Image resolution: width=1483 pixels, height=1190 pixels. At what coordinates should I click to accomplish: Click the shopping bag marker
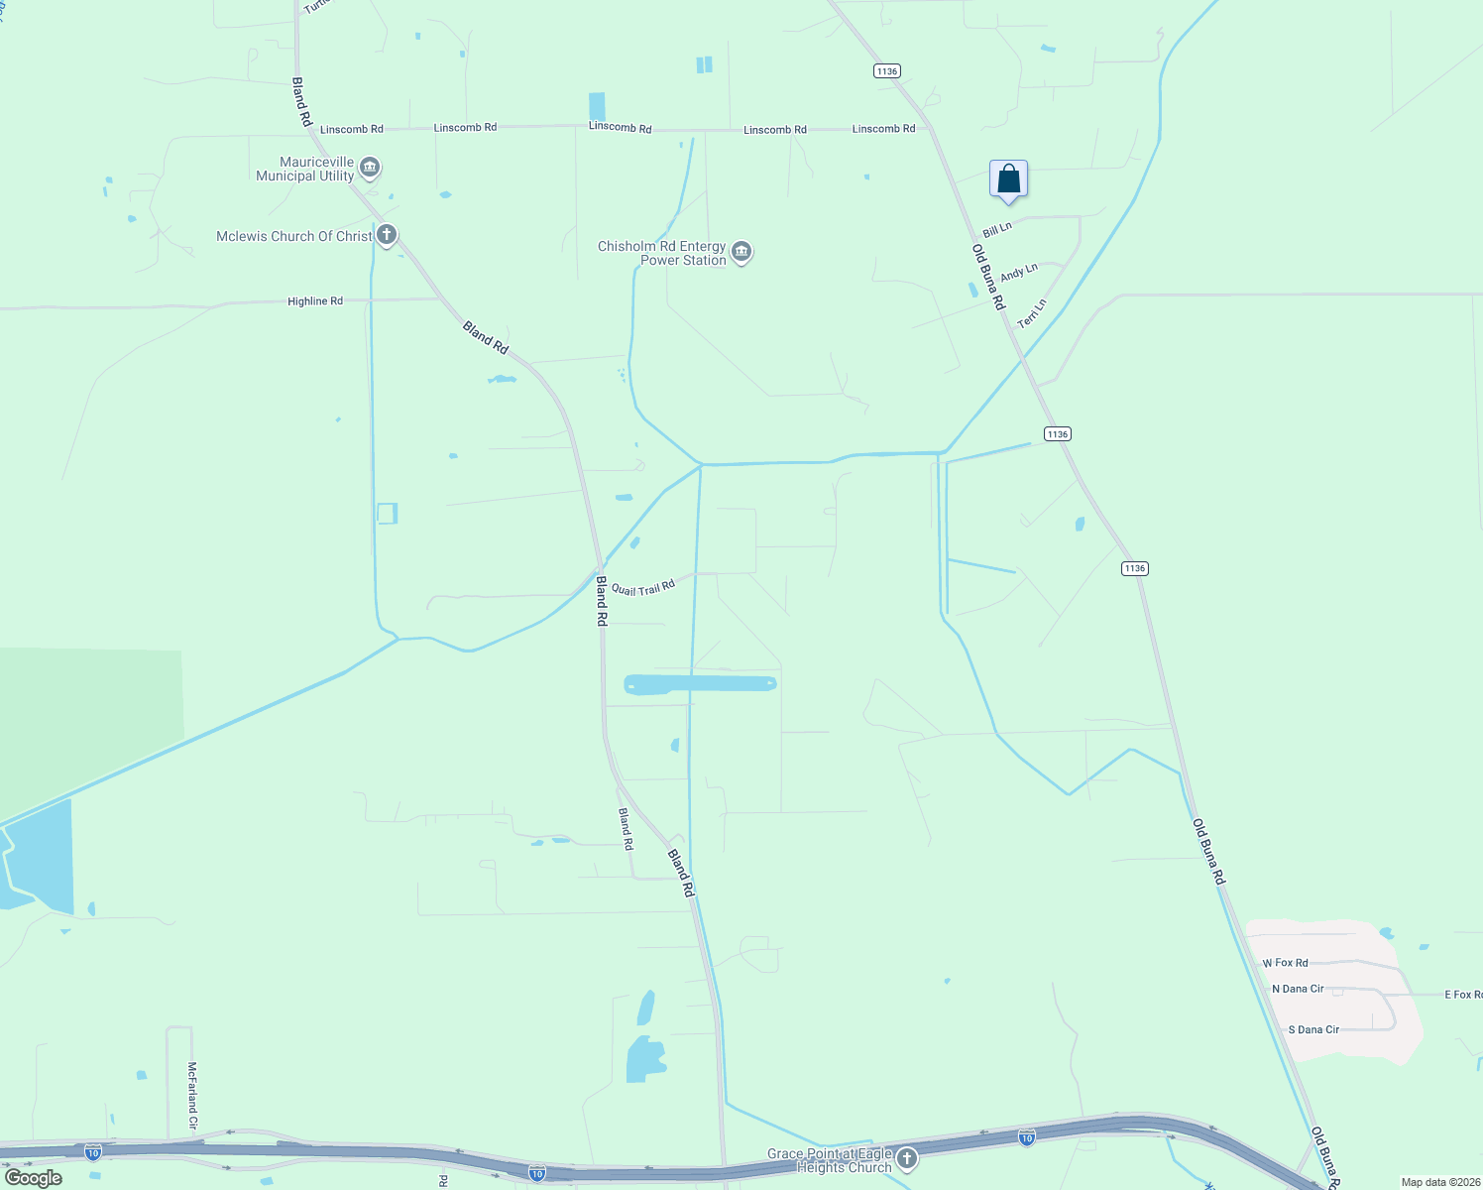coord(1008,179)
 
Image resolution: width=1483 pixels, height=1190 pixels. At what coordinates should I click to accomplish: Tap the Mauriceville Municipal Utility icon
coord(370,167)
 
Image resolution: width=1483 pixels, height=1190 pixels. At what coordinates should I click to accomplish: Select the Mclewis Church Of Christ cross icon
coord(387,235)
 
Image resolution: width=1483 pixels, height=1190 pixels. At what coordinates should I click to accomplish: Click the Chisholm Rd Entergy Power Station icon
coord(741,252)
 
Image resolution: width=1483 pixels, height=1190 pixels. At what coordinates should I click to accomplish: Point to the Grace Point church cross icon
coord(906,1158)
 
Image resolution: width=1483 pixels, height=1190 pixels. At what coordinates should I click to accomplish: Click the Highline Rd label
coord(315,300)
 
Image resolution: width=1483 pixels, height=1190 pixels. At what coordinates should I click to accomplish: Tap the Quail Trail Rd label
coord(642,588)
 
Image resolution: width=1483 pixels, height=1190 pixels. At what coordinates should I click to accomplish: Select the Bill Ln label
coord(997,229)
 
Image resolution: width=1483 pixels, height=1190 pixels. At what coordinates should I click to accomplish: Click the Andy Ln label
coord(1019,272)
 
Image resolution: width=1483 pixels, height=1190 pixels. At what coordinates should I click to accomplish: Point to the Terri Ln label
coord(1032,313)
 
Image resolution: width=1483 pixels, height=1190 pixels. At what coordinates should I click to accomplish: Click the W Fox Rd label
coord(1285,963)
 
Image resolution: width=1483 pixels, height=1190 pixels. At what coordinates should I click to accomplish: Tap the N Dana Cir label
coord(1298,989)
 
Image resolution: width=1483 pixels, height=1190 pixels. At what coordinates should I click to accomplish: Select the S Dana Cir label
coord(1313,1029)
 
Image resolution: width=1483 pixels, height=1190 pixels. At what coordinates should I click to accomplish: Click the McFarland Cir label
coord(192,1096)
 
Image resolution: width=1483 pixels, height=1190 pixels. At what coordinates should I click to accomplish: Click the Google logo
coord(34,1178)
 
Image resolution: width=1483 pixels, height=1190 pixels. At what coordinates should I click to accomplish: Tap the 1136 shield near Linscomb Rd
coord(886,70)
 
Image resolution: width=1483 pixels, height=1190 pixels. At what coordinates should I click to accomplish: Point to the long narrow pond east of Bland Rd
coord(700,683)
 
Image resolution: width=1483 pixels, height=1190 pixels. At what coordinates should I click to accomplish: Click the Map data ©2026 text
coord(1438,1182)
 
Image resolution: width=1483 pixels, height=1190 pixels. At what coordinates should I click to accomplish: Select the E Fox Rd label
coord(1462,994)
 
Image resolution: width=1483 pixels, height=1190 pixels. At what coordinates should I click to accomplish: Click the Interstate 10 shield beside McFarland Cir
coord(92,1152)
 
